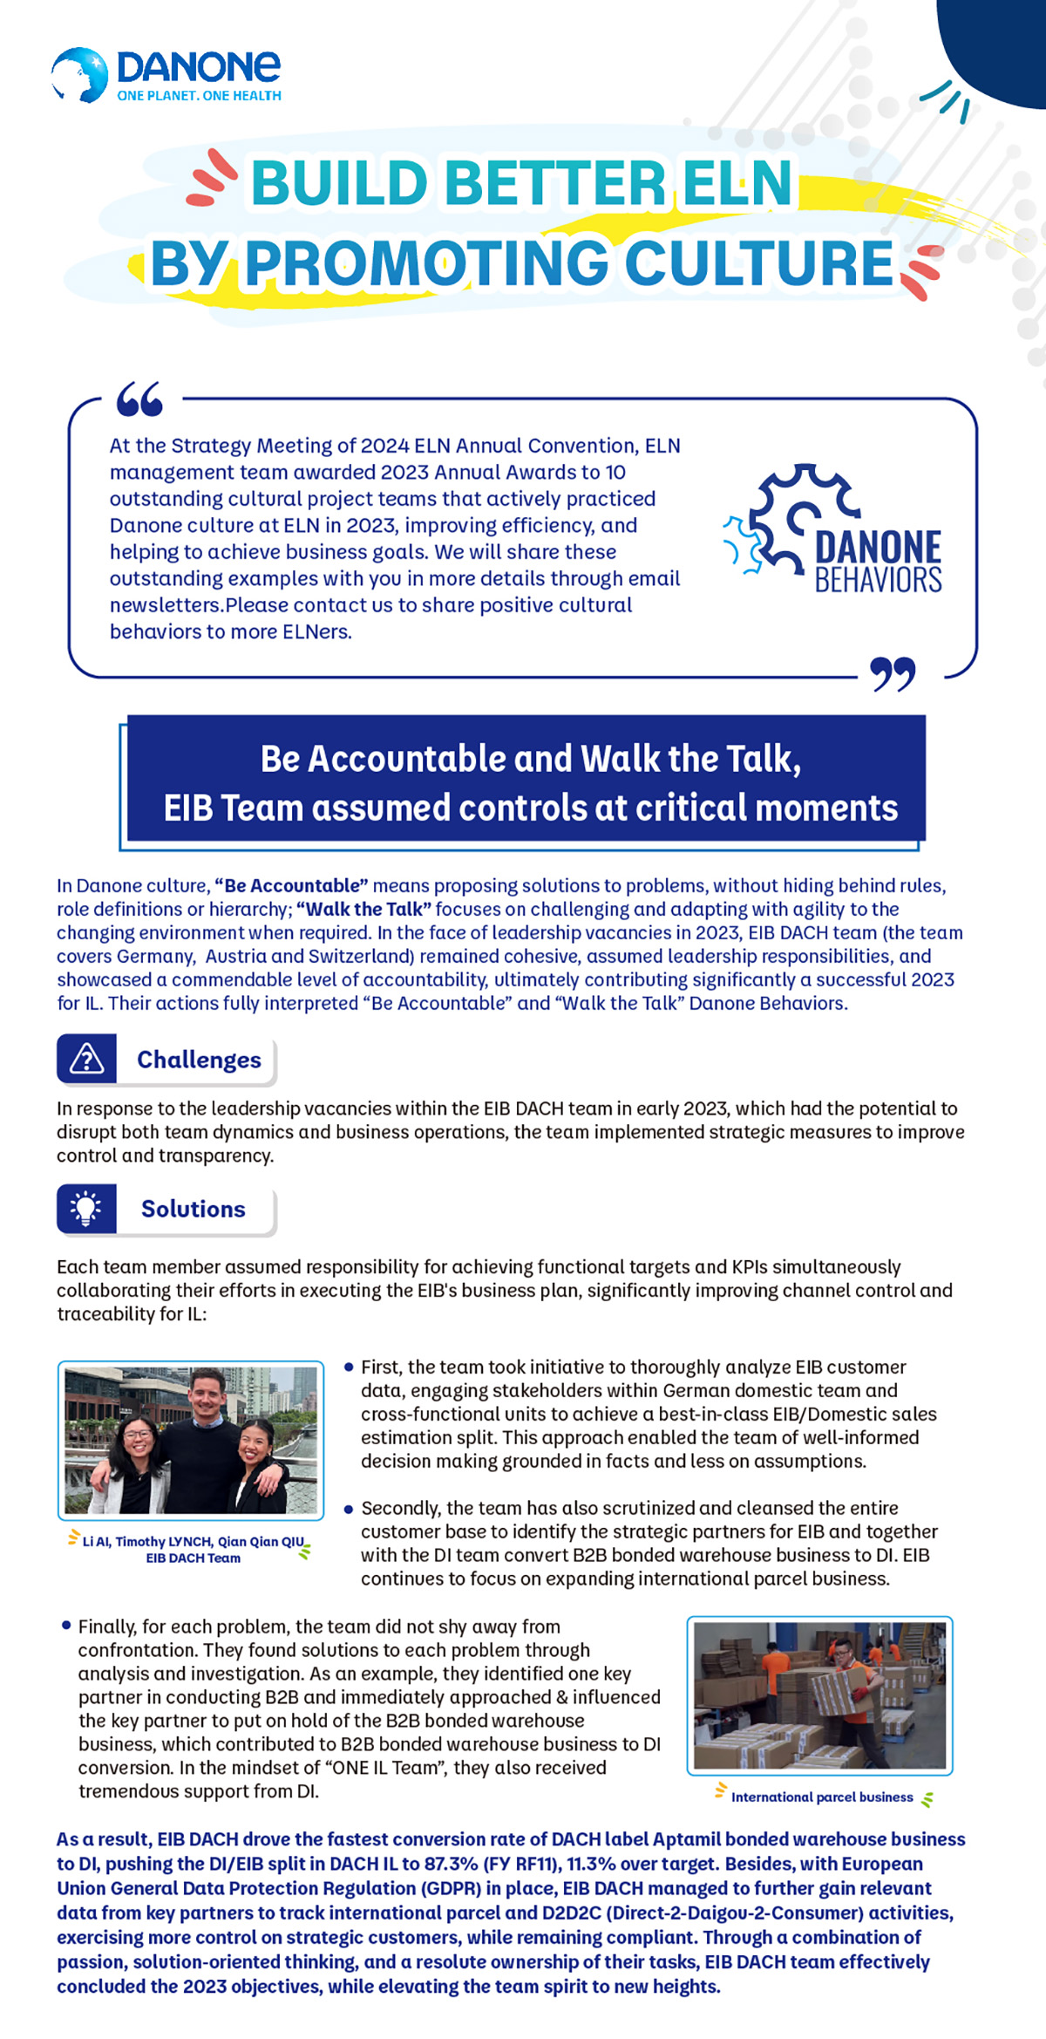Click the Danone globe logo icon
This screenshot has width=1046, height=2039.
[79, 74]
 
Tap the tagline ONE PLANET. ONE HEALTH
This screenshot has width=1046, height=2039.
[199, 96]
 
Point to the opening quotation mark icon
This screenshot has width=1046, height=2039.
[139, 399]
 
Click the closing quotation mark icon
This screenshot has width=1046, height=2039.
[893, 674]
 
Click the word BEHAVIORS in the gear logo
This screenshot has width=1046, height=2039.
[878, 580]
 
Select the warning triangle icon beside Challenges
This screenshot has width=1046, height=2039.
[86, 1060]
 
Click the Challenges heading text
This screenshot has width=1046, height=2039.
[199, 1060]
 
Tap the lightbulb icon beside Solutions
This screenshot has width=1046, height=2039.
[86, 1209]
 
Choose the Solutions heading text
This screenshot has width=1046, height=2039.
[194, 1209]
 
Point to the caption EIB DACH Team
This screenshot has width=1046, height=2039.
[194, 1558]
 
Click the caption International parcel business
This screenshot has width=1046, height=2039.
[822, 1797]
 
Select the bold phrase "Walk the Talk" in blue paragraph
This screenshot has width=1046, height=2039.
[363, 909]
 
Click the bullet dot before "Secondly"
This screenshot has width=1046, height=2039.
[349, 1508]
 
